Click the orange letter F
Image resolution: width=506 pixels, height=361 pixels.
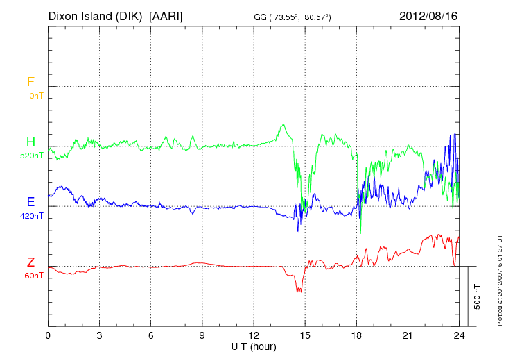tap(30, 82)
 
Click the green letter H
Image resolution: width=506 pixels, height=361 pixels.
tap(30, 142)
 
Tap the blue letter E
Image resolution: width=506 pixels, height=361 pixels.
tap(30, 202)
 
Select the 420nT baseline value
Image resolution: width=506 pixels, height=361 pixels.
tap(31, 216)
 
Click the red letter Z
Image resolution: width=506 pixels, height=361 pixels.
tap(30, 262)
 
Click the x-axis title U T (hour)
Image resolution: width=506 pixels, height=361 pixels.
tap(254, 346)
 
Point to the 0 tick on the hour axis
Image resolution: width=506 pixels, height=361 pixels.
tap(48, 335)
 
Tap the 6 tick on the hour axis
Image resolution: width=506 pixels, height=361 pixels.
tap(151, 335)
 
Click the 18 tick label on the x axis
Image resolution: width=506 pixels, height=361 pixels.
tap(356, 335)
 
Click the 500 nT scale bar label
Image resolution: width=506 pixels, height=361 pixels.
tap(477, 296)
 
